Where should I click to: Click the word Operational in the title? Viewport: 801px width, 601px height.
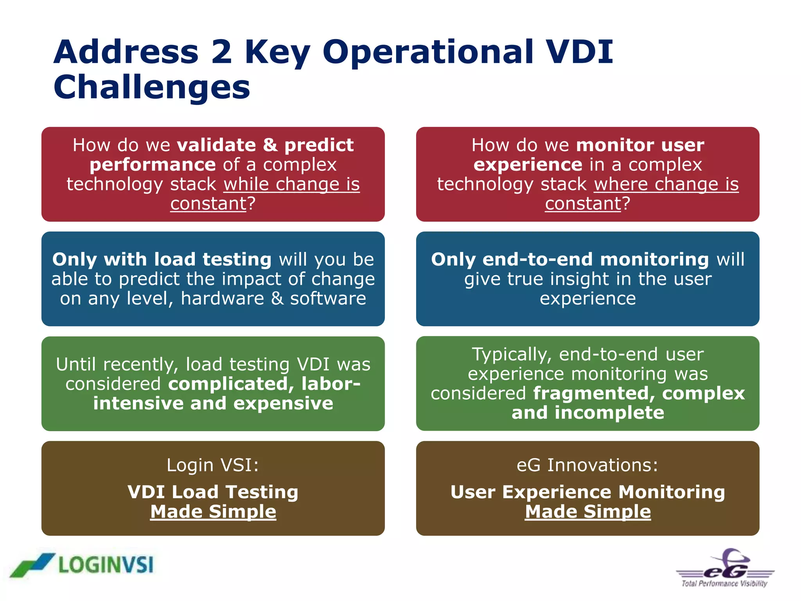click(x=428, y=53)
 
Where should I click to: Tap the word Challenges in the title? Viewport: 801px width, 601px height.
click(x=152, y=88)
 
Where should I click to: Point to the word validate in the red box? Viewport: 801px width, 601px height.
click(x=216, y=145)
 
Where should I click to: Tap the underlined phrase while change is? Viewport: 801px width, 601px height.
click(x=291, y=184)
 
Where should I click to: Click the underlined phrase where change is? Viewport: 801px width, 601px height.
click(x=666, y=184)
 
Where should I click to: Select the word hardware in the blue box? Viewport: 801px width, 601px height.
click(x=222, y=299)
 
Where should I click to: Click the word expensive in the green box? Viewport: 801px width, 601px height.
click(x=283, y=403)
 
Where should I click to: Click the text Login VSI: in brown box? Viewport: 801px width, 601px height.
click(x=213, y=465)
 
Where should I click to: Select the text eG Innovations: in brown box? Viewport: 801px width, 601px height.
click(x=587, y=465)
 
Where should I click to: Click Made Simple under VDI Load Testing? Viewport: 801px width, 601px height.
click(x=213, y=512)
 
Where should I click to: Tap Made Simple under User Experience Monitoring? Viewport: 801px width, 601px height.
click(x=588, y=512)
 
